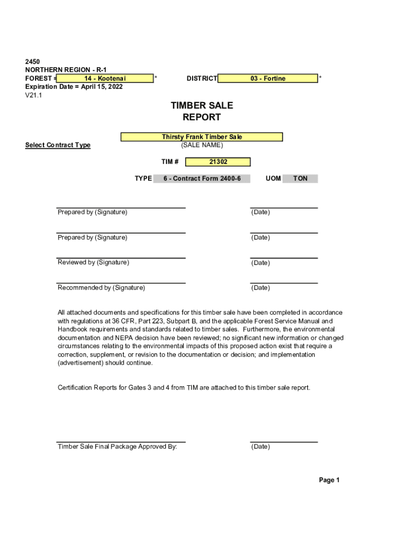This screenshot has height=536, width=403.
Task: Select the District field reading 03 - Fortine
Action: (x=267, y=79)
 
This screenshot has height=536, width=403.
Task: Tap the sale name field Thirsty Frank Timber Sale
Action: (x=201, y=137)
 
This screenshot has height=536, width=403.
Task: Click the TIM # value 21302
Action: (x=218, y=162)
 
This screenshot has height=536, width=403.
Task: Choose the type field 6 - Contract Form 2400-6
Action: (x=201, y=178)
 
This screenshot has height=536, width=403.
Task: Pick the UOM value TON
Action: (x=300, y=178)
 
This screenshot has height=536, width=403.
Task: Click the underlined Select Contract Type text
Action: (x=58, y=146)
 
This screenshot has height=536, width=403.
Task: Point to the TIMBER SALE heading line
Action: (x=201, y=106)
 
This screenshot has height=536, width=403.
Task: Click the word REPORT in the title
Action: (x=201, y=117)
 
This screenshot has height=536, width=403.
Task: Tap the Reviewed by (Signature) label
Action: (x=93, y=262)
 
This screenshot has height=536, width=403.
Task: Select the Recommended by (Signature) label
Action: (x=101, y=287)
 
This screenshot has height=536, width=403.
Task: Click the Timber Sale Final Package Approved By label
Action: (x=117, y=446)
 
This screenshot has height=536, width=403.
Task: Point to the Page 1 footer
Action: (x=329, y=480)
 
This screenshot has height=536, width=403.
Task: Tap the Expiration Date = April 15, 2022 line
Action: (x=74, y=87)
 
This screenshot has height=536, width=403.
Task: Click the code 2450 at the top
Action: (x=32, y=62)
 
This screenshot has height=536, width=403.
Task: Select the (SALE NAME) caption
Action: (x=201, y=145)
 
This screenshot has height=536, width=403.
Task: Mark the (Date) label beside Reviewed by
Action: (x=261, y=263)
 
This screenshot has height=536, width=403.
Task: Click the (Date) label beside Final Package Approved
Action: (x=261, y=446)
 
